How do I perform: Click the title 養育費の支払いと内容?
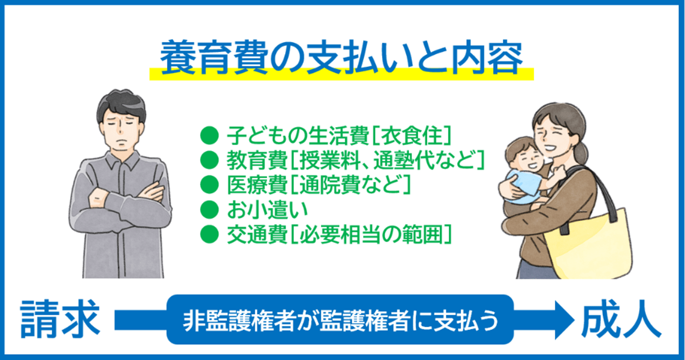tap(341, 57)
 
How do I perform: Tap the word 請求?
tap(60, 319)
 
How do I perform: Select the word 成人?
tap(621, 319)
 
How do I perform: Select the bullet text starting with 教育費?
tap(356, 160)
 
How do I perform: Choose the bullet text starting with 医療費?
tap(318, 184)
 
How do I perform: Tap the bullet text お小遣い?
tap(267, 209)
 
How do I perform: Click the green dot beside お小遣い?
tap(210, 210)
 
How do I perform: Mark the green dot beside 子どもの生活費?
tap(210, 135)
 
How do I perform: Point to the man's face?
tap(121, 129)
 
